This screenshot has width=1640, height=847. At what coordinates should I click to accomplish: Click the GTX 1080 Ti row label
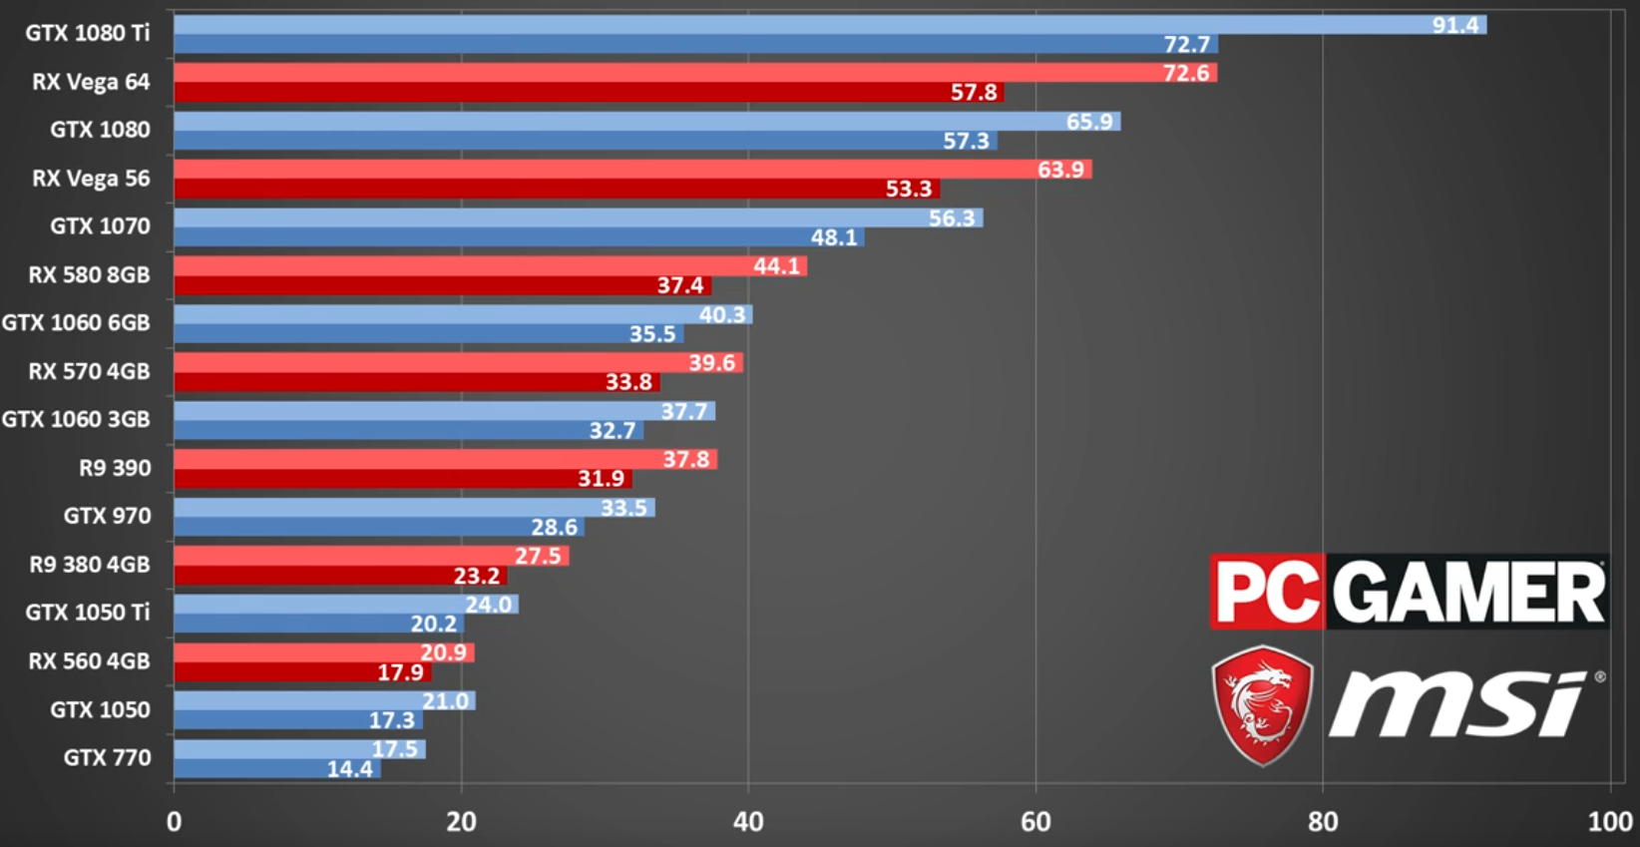pyautogui.click(x=88, y=33)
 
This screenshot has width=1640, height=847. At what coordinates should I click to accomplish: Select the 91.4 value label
pyautogui.click(x=1455, y=25)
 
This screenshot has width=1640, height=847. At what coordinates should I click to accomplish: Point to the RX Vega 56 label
pyautogui.click(x=91, y=179)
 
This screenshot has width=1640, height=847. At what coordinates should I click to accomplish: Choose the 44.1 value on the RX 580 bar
pyautogui.click(x=777, y=266)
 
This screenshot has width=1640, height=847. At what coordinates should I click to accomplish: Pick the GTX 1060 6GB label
pyautogui.click(x=76, y=323)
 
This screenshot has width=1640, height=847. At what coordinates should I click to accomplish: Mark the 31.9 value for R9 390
pyautogui.click(x=602, y=479)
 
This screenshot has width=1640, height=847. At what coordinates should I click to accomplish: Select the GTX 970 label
pyautogui.click(x=108, y=517)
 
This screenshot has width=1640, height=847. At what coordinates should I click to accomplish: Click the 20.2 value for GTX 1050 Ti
pyautogui.click(x=434, y=625)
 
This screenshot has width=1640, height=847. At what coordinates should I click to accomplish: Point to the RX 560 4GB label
pyautogui.click(x=89, y=661)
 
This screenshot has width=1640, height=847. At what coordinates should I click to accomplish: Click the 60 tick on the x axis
pyautogui.click(x=1035, y=822)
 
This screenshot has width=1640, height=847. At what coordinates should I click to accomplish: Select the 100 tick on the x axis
pyautogui.click(x=1610, y=822)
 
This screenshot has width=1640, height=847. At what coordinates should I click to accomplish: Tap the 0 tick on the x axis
pyautogui.click(x=175, y=822)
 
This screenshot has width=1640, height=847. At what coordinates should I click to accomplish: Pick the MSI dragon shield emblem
pyautogui.click(x=1263, y=704)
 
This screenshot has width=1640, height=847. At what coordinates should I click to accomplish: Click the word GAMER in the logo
pyautogui.click(x=1467, y=592)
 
